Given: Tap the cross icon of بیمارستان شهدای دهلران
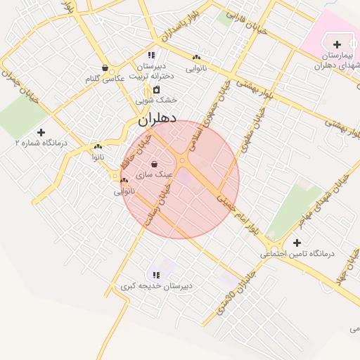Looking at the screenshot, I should point(337,44).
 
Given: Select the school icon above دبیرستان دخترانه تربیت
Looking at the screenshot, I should point(150,54).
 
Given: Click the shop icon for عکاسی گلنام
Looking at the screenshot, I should point(105,68).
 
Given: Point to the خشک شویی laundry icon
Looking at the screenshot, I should point(156,89).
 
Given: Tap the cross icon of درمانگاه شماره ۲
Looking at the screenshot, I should point(41,131).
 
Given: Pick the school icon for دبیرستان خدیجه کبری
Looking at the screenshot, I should point(155,274).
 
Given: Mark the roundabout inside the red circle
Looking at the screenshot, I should point(182,162).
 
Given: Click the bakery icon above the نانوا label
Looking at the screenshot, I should point(98,147).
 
